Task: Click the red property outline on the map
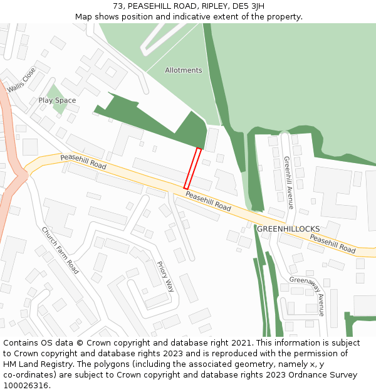(x=192, y=168)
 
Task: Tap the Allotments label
(x=184, y=70)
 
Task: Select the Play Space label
(x=57, y=100)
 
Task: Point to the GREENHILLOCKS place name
(x=288, y=229)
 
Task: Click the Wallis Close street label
(x=22, y=81)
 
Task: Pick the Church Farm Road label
(x=60, y=250)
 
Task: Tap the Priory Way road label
(x=165, y=277)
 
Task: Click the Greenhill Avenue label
(x=288, y=183)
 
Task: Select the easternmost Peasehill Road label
(x=333, y=244)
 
